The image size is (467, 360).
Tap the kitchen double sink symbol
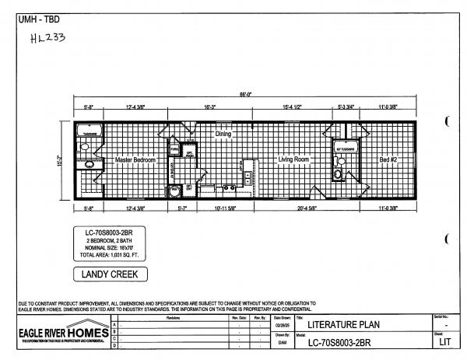(229, 187)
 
